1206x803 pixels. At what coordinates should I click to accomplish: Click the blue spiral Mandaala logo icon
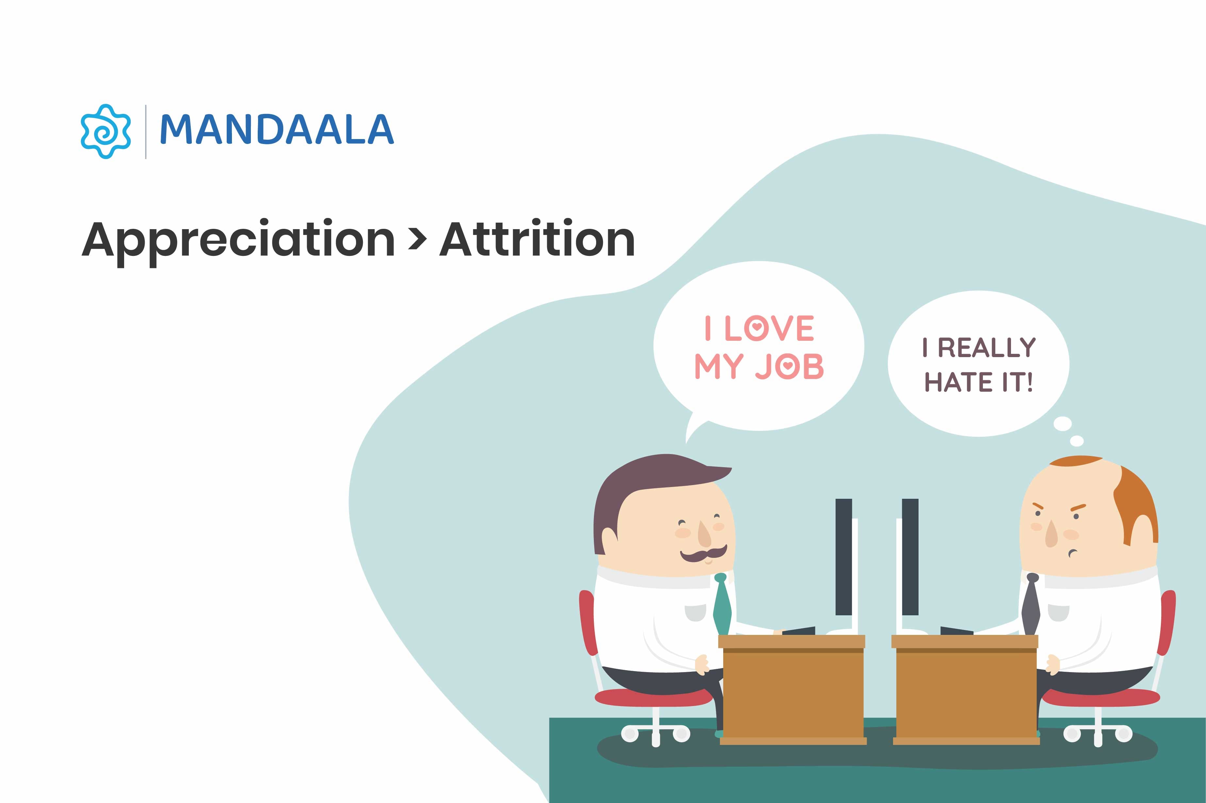coord(106,131)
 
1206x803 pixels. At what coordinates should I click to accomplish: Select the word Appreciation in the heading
coord(238,240)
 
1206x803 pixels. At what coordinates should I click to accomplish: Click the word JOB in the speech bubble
coord(790,366)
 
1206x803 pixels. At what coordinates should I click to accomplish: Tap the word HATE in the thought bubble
coord(958,382)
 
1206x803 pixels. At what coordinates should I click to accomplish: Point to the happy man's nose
coord(705,534)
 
